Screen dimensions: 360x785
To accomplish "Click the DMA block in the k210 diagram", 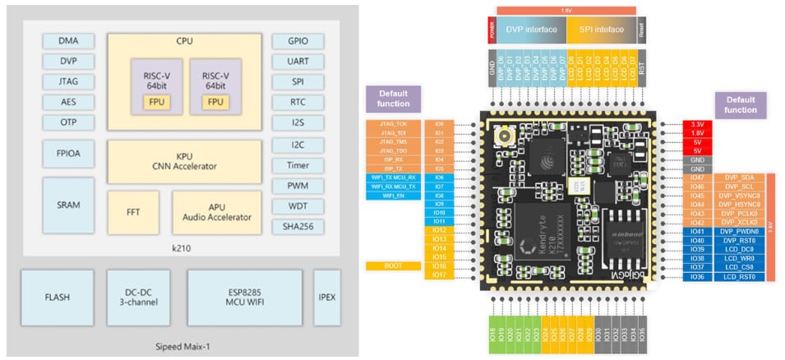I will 69,40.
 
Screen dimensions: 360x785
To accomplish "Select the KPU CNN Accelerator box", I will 184,160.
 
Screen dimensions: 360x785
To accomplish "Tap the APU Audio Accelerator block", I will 216,212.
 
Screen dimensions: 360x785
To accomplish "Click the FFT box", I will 132,212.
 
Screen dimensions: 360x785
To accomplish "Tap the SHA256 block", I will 298,227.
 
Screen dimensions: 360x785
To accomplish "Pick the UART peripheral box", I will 298,61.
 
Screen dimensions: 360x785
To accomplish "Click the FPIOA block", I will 69,152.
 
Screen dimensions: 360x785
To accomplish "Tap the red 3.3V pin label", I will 697,124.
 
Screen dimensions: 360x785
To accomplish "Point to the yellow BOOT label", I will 393,266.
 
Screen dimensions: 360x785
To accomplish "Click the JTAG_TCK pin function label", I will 393,124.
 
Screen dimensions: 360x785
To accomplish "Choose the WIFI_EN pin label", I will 393,196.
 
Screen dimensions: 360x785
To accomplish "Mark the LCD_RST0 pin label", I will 740,276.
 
